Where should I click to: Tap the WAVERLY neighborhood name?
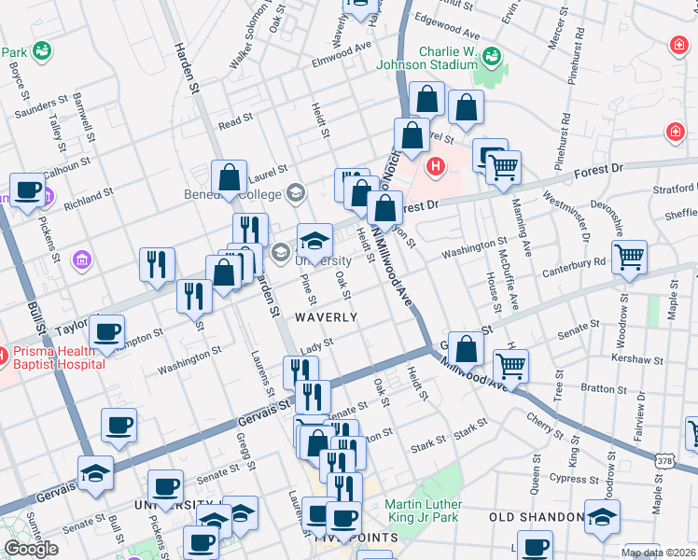(x=327, y=317)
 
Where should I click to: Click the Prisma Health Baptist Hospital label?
(x=58, y=358)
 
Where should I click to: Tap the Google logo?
(x=31, y=549)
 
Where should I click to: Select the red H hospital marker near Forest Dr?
(x=434, y=168)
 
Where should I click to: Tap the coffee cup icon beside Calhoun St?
(x=28, y=189)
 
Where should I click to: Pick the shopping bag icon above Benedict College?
(x=229, y=176)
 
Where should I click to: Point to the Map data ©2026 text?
(x=658, y=553)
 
